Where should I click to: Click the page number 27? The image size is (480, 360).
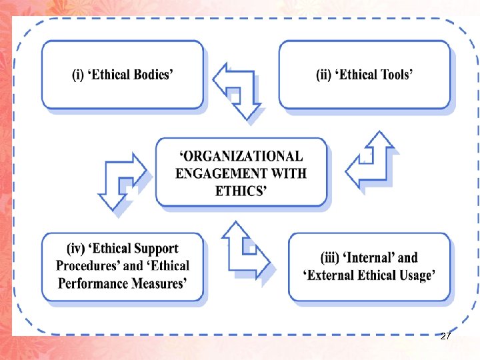pyautogui.click(x=446, y=336)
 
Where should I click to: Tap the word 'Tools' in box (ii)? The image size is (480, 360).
pyautogui.click(x=395, y=75)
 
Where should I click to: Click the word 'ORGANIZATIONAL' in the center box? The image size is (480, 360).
pyautogui.click(x=242, y=157)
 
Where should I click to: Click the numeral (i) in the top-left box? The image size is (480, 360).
pyautogui.click(x=77, y=75)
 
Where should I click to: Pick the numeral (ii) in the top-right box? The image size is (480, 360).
pyautogui.click(x=323, y=75)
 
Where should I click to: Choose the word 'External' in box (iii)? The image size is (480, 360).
pyautogui.click(x=334, y=275)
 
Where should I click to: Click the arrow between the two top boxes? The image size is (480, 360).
pyautogui.click(x=237, y=91)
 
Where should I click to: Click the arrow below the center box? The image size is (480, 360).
pyautogui.click(x=245, y=251)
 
